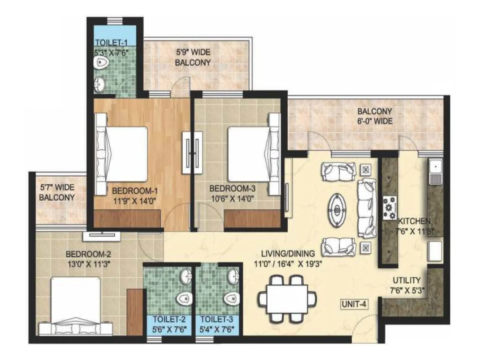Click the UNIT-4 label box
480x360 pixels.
354,304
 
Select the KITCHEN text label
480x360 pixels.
414,221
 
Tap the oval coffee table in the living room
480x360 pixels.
337,209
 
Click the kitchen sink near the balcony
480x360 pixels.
435,171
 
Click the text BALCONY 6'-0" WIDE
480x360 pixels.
374,116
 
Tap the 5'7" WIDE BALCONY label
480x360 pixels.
57,193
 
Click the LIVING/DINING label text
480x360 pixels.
288,253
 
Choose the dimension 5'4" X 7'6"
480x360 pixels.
217,329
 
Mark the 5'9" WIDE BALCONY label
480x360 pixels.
193,57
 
